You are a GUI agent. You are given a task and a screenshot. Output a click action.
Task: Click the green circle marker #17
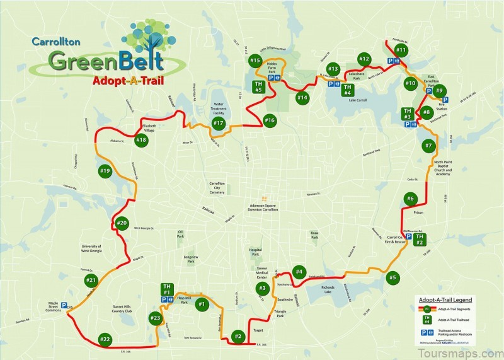pos(219,123)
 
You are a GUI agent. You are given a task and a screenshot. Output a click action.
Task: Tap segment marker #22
pos(105,340)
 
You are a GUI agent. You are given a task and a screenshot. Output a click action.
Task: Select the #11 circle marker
pos(401,50)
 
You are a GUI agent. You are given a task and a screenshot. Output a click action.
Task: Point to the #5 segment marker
pos(393,277)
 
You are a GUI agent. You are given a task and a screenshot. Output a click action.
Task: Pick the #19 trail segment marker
pos(105,171)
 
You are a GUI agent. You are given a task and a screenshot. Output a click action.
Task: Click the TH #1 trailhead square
pos(167,289)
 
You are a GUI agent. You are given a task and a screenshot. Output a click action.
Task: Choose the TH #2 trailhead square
pos(420,240)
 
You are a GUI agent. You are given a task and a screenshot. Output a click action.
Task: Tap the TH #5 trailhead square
pos(258,87)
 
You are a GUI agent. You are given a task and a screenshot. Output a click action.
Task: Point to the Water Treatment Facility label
pos(219,108)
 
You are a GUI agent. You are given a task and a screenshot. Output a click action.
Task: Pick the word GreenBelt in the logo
pos(106,61)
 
